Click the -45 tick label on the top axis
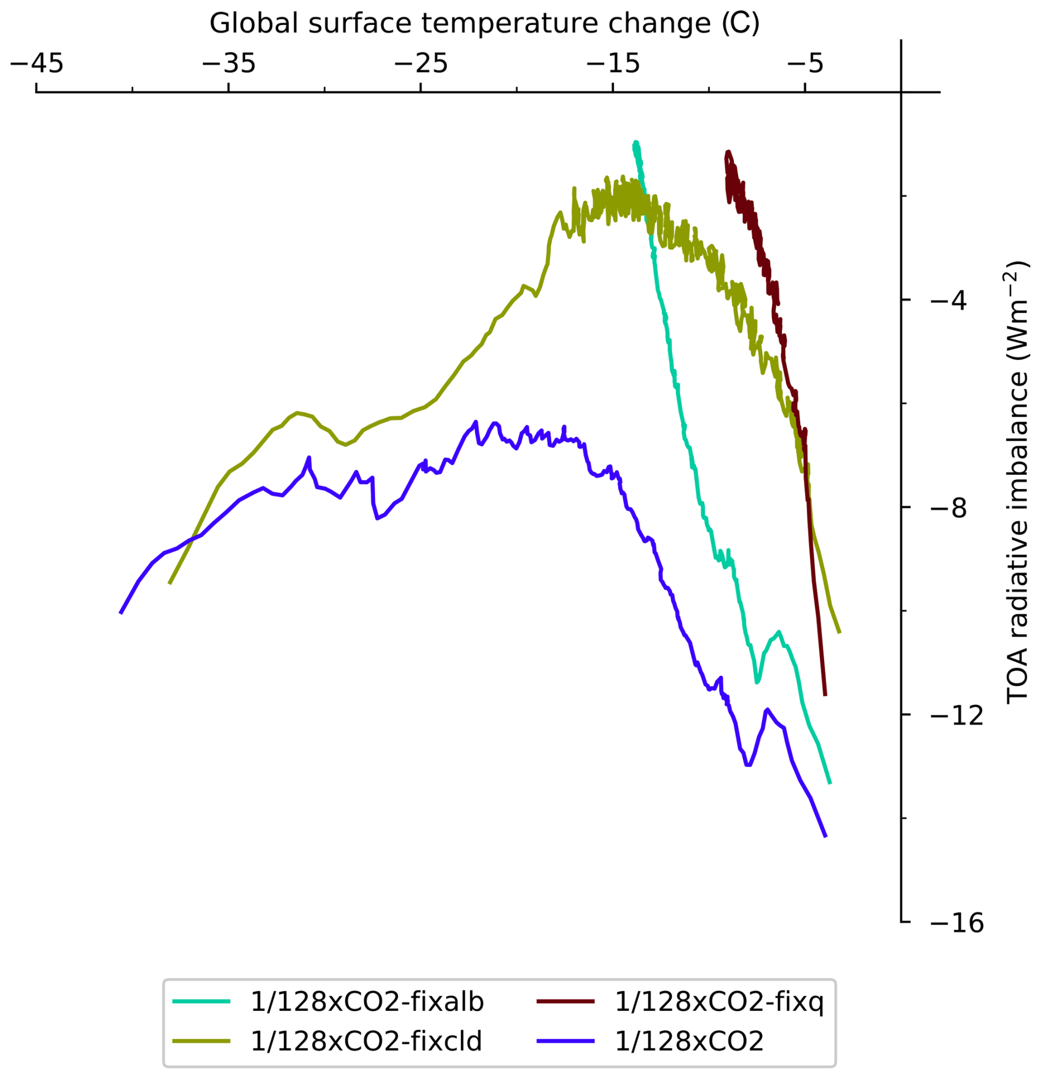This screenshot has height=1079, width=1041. pos(37,64)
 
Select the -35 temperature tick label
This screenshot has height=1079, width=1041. pos(228,64)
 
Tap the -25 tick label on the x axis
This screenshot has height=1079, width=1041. pos(420,64)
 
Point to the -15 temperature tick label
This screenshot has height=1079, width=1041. pos(613,64)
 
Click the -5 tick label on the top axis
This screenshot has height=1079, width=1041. pos(805,64)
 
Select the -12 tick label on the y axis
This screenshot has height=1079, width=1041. pos(956,716)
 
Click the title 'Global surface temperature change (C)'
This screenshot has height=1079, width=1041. pos(484,24)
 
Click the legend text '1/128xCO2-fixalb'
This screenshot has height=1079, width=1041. pos(366,1001)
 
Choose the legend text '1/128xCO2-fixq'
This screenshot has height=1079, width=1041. pos(719,1001)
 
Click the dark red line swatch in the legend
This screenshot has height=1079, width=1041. pos(566,1001)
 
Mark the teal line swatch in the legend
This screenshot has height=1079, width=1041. pos(201,1001)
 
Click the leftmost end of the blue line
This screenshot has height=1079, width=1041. pos(120,614)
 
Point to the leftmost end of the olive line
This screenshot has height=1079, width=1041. pos(169,583)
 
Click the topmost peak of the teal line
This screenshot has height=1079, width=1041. pos(636,142)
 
